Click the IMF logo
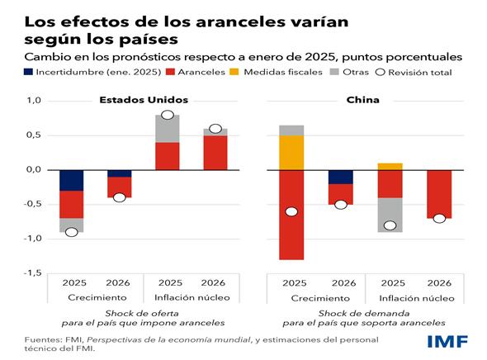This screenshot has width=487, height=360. coord(447,341)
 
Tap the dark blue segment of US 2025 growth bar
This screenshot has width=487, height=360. coord(71,180)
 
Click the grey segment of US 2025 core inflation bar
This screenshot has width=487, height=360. coord(168,129)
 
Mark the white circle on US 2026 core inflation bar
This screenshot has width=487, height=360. coord(215,129)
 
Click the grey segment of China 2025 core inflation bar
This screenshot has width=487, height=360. coord(390,215)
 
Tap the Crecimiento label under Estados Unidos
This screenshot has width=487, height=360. coord(95,297)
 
